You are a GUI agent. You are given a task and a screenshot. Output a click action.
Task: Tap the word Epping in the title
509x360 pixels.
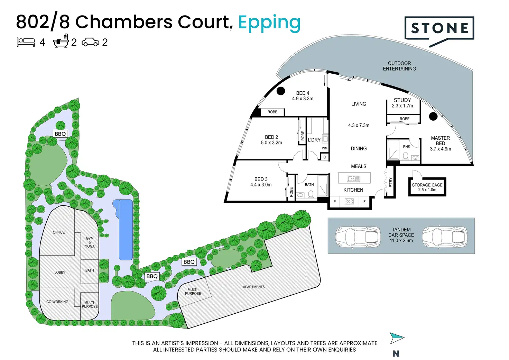point(269,24)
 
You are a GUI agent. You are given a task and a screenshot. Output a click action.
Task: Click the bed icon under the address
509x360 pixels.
point(26,42)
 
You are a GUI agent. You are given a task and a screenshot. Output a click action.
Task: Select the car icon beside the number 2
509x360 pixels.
point(91,42)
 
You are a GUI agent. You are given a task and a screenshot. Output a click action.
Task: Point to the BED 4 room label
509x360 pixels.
point(303,96)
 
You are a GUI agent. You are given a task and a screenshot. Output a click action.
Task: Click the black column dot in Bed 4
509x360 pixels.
point(281,91)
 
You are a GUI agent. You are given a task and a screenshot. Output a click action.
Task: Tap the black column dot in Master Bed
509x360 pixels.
point(433,117)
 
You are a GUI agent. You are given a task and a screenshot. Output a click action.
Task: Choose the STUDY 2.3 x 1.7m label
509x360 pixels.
point(402,103)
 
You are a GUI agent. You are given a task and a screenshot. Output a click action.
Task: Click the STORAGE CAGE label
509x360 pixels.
point(427,187)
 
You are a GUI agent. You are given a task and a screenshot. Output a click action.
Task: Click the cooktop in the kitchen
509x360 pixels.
point(349,201)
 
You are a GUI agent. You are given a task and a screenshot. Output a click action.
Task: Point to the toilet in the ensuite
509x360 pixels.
point(405,156)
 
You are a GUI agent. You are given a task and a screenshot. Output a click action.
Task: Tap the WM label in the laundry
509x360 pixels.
point(325,148)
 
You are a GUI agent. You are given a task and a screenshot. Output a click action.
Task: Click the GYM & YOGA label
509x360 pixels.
point(90,242)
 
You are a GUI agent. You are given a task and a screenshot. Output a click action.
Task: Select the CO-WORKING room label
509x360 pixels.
point(57,302)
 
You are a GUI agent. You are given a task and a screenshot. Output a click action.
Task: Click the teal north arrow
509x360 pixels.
point(397,338)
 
